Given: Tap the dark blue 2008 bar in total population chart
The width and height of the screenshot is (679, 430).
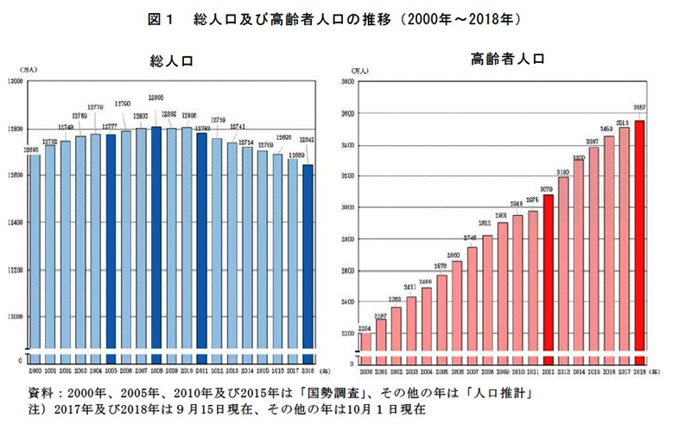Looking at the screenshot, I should [156, 242].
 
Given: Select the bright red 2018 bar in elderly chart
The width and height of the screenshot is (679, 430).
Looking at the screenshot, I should [640, 242].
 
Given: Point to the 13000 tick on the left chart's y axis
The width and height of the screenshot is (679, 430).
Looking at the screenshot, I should [16, 81].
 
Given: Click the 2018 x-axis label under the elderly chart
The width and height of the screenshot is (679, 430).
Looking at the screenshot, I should [640, 370].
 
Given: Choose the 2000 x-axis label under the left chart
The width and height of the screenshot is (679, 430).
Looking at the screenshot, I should [35, 370].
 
